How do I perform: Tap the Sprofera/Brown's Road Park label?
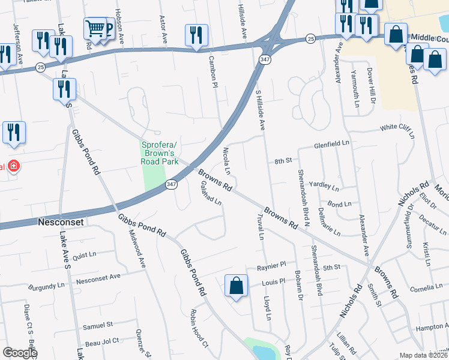(x=160, y=152)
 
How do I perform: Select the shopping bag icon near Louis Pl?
(x=237, y=285)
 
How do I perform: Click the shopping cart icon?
(x=94, y=27)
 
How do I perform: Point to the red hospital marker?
(x=13, y=166)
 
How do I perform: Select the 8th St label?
(x=282, y=161)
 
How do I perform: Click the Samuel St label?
(x=98, y=325)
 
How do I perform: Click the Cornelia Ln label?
(x=425, y=289)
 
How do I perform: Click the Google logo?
(x=19, y=353)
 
